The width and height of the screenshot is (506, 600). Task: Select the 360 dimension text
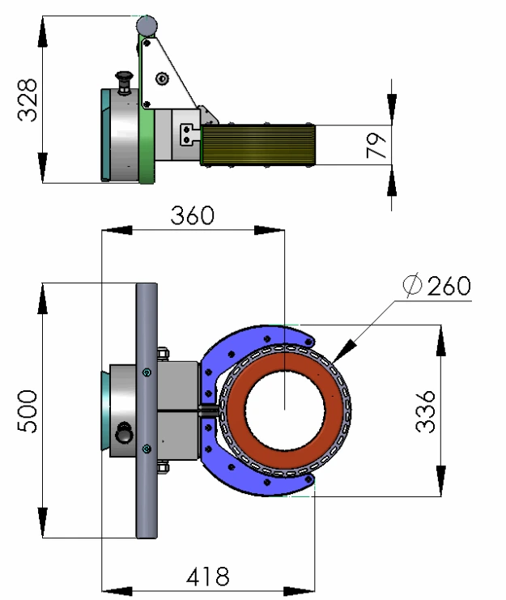click(x=192, y=216)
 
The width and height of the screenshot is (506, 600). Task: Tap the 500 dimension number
click(x=28, y=411)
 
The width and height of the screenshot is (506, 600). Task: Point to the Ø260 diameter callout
click(x=436, y=286)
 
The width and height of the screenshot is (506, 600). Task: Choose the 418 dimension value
click(x=207, y=577)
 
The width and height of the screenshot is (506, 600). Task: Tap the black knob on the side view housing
click(x=125, y=80)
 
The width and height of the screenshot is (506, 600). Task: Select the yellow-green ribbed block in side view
click(x=257, y=146)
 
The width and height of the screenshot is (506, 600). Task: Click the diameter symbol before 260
click(x=412, y=286)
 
